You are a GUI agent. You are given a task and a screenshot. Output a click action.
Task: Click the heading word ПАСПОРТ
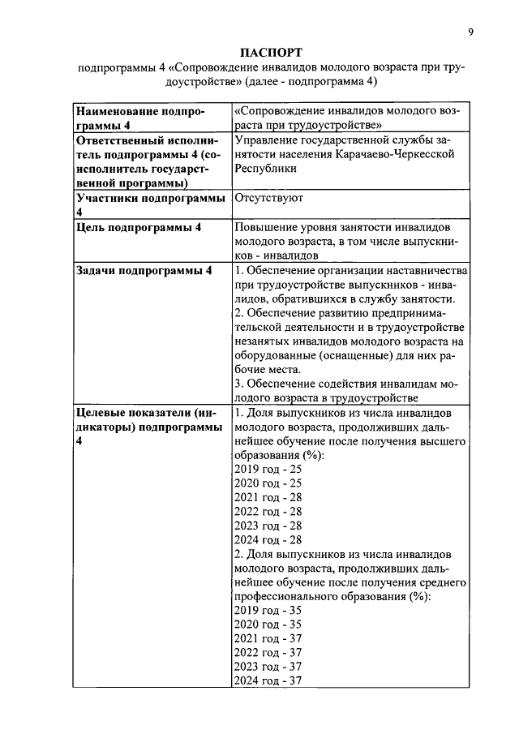271,52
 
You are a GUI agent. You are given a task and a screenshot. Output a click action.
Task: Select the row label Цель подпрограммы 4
138,228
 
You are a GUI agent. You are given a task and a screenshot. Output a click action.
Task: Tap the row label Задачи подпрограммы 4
144,271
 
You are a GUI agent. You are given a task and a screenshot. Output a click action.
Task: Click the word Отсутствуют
268,198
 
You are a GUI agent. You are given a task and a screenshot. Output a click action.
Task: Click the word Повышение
268,228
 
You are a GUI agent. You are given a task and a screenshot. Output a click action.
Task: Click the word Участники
107,198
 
